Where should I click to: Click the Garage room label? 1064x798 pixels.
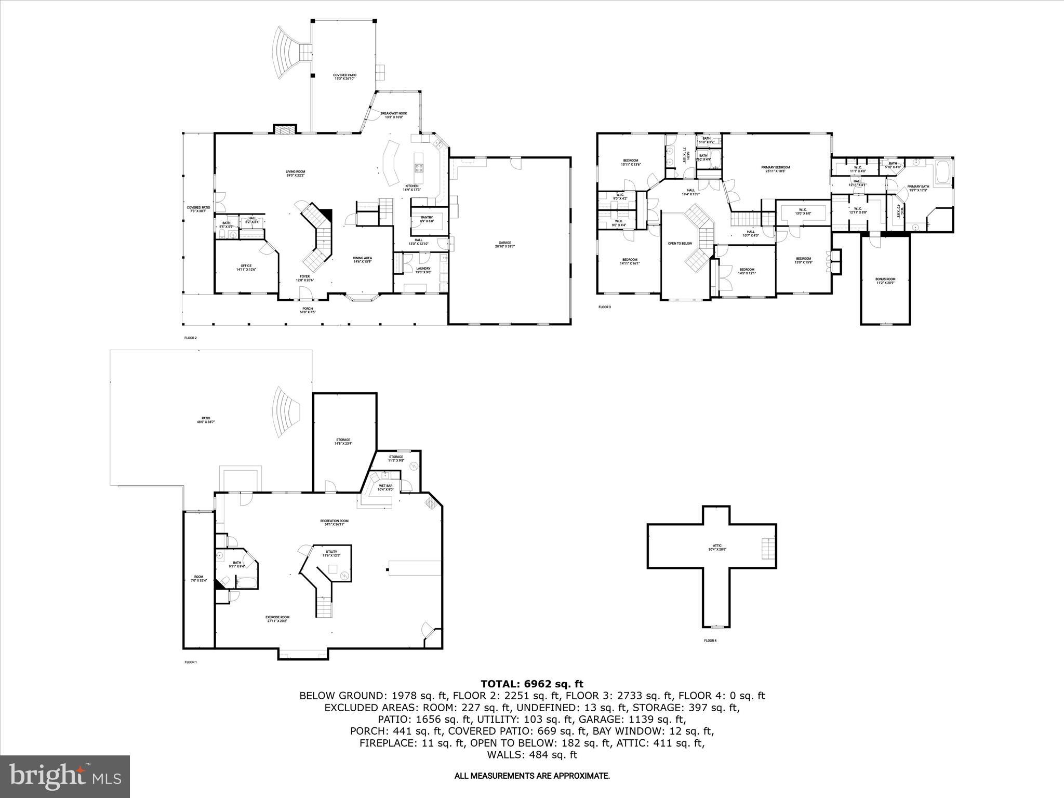tap(505, 244)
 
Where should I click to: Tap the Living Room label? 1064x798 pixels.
tap(295, 174)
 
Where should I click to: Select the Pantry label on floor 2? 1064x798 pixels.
tap(427, 219)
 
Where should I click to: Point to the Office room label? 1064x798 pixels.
tap(246, 268)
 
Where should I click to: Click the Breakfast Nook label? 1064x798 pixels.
tap(394, 115)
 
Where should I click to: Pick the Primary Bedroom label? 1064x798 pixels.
tap(776, 169)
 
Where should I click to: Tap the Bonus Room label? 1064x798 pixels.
tap(885, 281)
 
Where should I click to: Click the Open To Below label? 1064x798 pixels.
tap(680, 243)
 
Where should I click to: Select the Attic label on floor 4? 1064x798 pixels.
tap(717, 548)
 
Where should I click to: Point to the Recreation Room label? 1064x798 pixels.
tap(334, 522)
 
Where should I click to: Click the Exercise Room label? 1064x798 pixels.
tap(277, 619)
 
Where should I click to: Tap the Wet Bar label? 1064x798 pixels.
tap(385, 487)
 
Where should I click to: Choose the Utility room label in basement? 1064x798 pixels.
tap(331, 553)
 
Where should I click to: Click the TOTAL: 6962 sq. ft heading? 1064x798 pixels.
tap(531, 684)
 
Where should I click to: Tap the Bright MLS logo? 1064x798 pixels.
tap(64, 776)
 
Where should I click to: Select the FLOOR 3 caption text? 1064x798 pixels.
tap(604, 307)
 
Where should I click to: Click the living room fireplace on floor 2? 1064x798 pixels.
tap(285, 129)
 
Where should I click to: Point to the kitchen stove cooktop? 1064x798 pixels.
tap(419, 168)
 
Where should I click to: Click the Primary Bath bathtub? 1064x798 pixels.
tap(943, 174)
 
